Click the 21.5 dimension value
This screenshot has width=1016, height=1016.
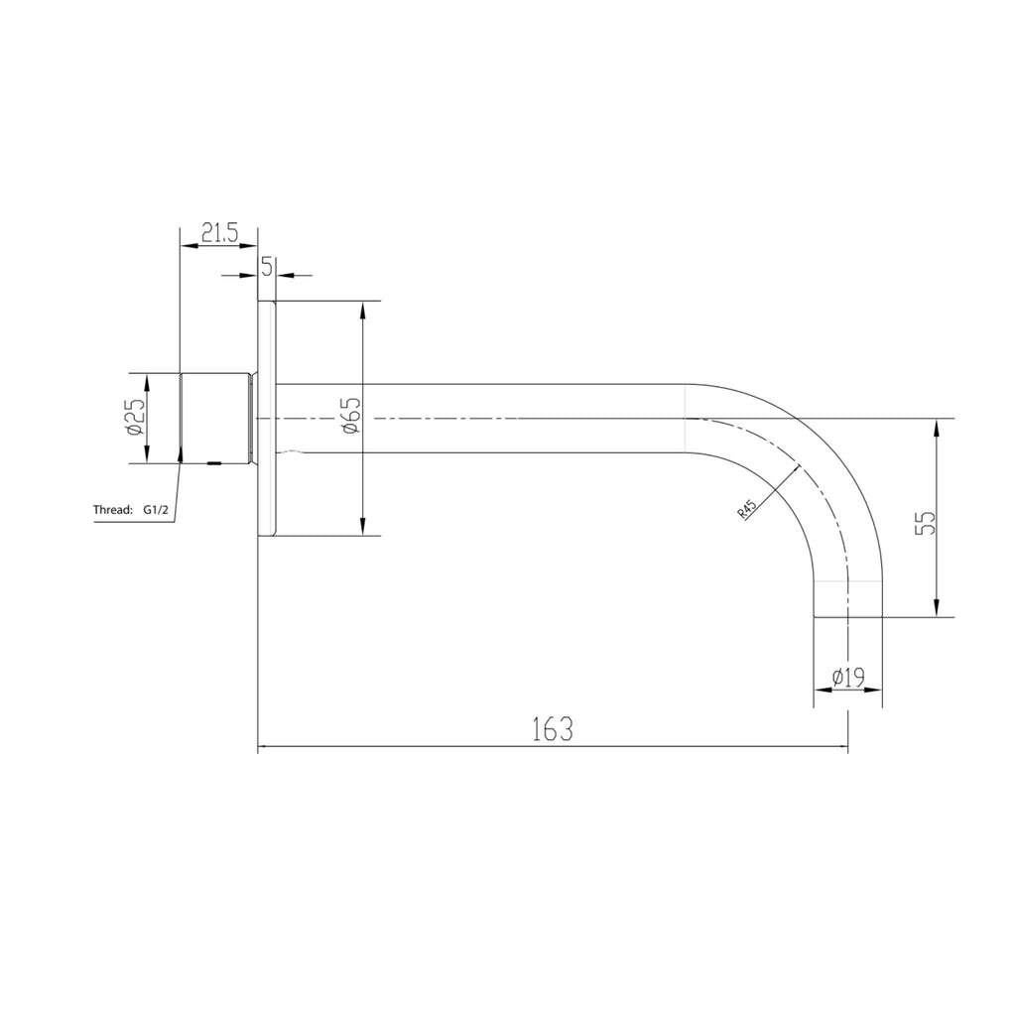(x=219, y=232)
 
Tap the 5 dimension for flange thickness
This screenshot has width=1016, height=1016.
(x=267, y=266)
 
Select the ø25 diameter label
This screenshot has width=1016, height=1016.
(x=136, y=418)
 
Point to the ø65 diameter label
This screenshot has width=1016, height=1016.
(x=351, y=416)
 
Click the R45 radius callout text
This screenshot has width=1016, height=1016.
(x=747, y=509)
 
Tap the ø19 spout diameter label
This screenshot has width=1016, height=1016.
(x=848, y=677)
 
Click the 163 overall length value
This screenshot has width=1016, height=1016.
(x=553, y=729)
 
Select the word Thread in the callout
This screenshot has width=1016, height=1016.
(x=113, y=509)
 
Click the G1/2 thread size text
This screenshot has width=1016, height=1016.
(x=156, y=510)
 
